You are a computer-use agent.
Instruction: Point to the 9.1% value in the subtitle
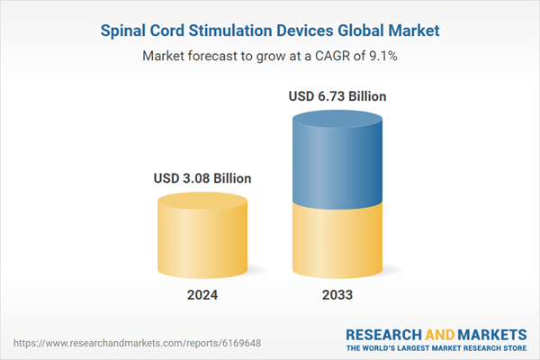[x=382, y=56]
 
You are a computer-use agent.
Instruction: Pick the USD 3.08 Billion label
[x=202, y=178]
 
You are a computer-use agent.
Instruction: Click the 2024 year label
[x=202, y=295]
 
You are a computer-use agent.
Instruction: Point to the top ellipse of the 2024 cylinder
[x=202, y=202]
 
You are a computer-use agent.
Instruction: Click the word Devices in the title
[x=310, y=31]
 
